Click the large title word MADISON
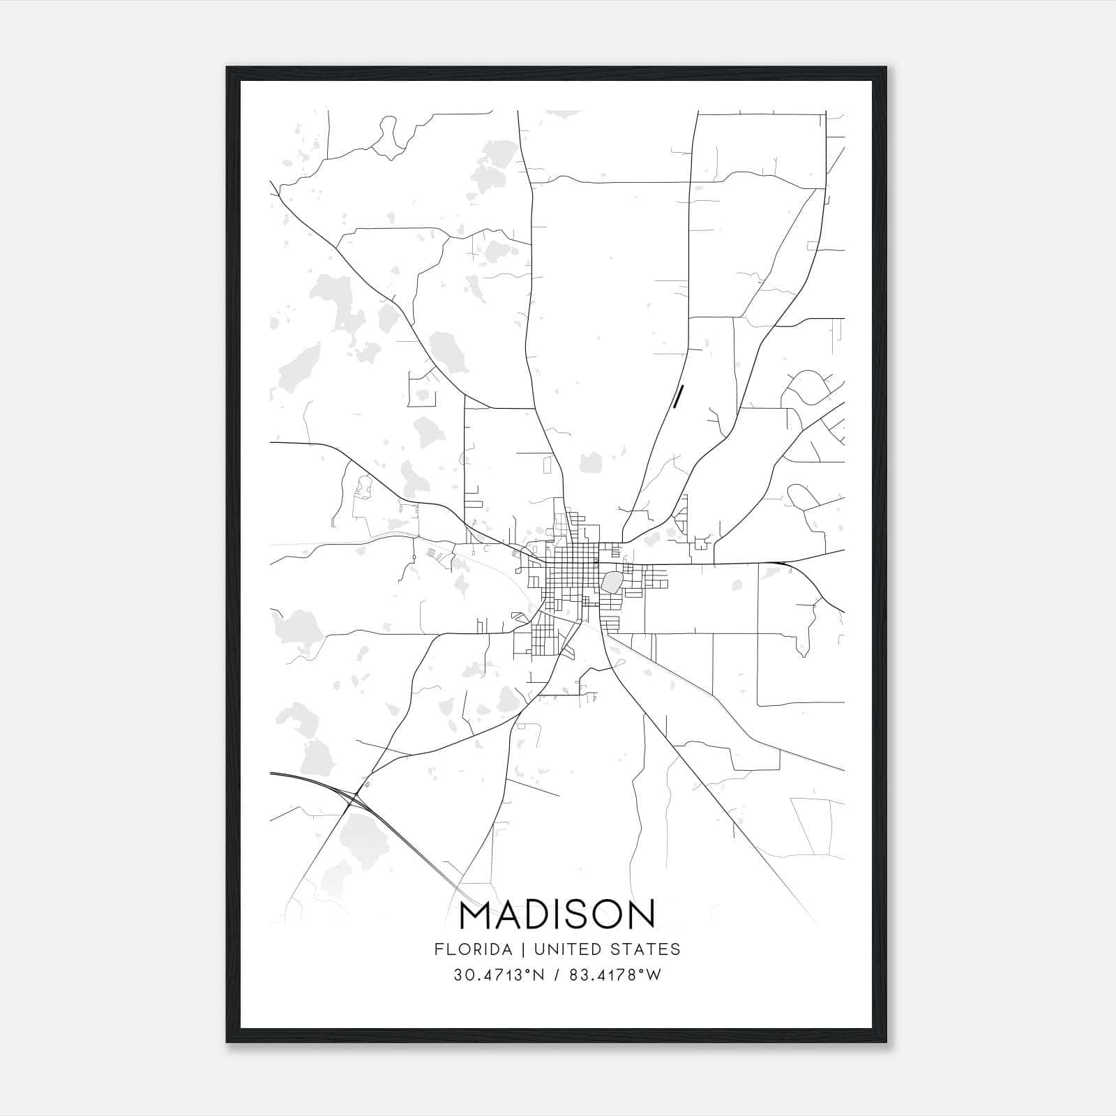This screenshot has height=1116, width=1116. coord(557,914)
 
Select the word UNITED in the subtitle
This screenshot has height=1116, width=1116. coord(560,949)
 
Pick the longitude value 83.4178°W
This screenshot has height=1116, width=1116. coord(614,976)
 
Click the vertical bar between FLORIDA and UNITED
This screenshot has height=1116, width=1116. coord(516,949)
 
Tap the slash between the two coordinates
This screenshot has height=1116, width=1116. coord(556,976)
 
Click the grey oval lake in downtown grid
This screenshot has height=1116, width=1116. coord(612,582)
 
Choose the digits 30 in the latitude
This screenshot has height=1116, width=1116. coord(462,976)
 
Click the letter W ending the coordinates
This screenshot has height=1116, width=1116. coord(654,976)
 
